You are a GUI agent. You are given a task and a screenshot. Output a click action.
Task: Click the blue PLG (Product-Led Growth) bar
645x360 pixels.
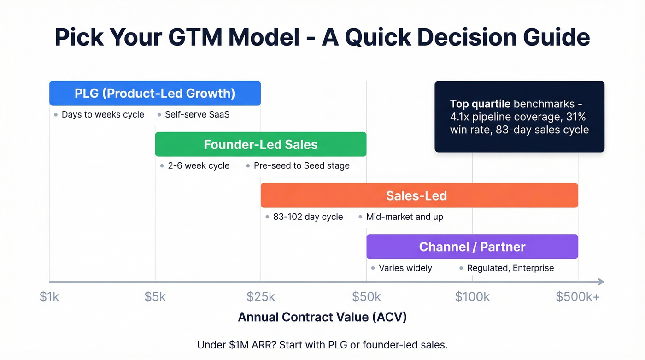pyautogui.click(x=155, y=93)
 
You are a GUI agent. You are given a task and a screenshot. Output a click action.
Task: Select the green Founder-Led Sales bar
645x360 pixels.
pyautogui.click(x=260, y=144)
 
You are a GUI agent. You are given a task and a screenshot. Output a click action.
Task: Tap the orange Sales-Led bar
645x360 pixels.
pyautogui.click(x=419, y=195)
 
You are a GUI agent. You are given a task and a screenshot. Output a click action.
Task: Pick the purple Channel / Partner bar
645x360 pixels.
pyautogui.click(x=472, y=247)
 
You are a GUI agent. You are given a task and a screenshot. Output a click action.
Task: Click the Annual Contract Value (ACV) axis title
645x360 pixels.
pyautogui.click(x=322, y=317)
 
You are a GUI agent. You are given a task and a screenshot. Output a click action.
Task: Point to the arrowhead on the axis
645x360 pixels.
pyautogui.click(x=600, y=282)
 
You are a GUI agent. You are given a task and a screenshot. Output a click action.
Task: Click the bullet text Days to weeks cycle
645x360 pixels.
pyautogui.click(x=103, y=115)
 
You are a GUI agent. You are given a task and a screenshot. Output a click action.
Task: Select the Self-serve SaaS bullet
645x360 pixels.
pyautogui.click(x=197, y=115)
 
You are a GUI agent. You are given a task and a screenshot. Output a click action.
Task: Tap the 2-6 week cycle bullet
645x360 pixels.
pyautogui.click(x=199, y=166)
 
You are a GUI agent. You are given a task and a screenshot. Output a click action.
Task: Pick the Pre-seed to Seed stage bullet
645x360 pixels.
pyautogui.click(x=301, y=166)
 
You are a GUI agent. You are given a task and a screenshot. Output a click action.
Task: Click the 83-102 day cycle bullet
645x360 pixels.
pyautogui.click(x=308, y=217)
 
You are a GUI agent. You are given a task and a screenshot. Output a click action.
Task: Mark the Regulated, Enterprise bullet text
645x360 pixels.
pyautogui.click(x=510, y=268)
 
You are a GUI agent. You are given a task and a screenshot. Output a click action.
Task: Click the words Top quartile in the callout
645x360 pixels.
pyautogui.click(x=480, y=104)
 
